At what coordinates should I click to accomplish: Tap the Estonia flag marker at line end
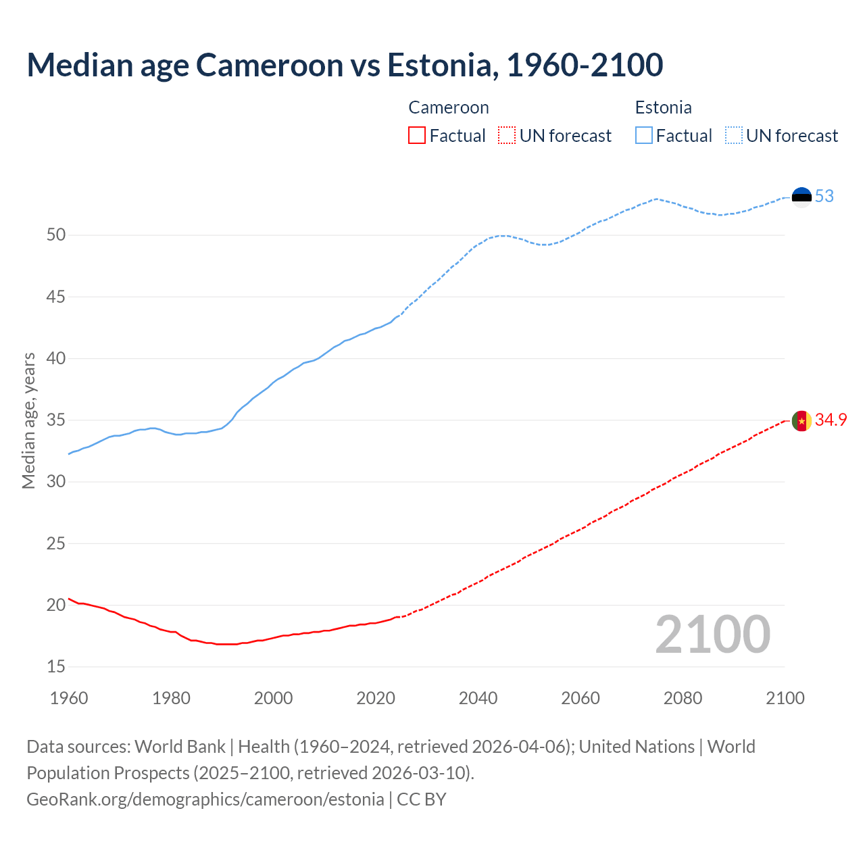(x=801, y=197)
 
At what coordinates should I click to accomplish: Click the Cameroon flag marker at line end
(x=801, y=420)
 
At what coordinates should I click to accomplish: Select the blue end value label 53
(x=824, y=197)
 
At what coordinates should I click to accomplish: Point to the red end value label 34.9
(x=831, y=420)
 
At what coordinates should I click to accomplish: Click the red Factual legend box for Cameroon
(x=417, y=136)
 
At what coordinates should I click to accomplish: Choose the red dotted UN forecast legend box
(x=507, y=136)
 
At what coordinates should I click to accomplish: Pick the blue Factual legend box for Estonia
(x=644, y=136)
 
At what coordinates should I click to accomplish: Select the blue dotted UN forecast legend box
(x=734, y=136)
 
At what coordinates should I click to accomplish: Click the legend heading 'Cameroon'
(x=449, y=108)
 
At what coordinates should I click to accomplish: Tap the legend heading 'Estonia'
(x=663, y=108)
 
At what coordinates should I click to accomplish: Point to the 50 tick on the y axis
(x=56, y=235)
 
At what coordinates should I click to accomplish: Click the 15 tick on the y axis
(x=56, y=667)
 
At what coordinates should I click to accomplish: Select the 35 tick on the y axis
(x=56, y=420)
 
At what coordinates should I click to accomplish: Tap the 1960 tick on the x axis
(x=69, y=698)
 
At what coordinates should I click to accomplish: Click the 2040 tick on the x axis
(x=478, y=698)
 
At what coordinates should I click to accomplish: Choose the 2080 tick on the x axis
(x=683, y=698)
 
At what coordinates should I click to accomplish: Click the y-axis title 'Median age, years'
(x=28, y=420)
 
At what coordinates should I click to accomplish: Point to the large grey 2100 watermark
(x=712, y=635)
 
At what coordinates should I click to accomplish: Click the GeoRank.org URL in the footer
(x=205, y=799)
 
